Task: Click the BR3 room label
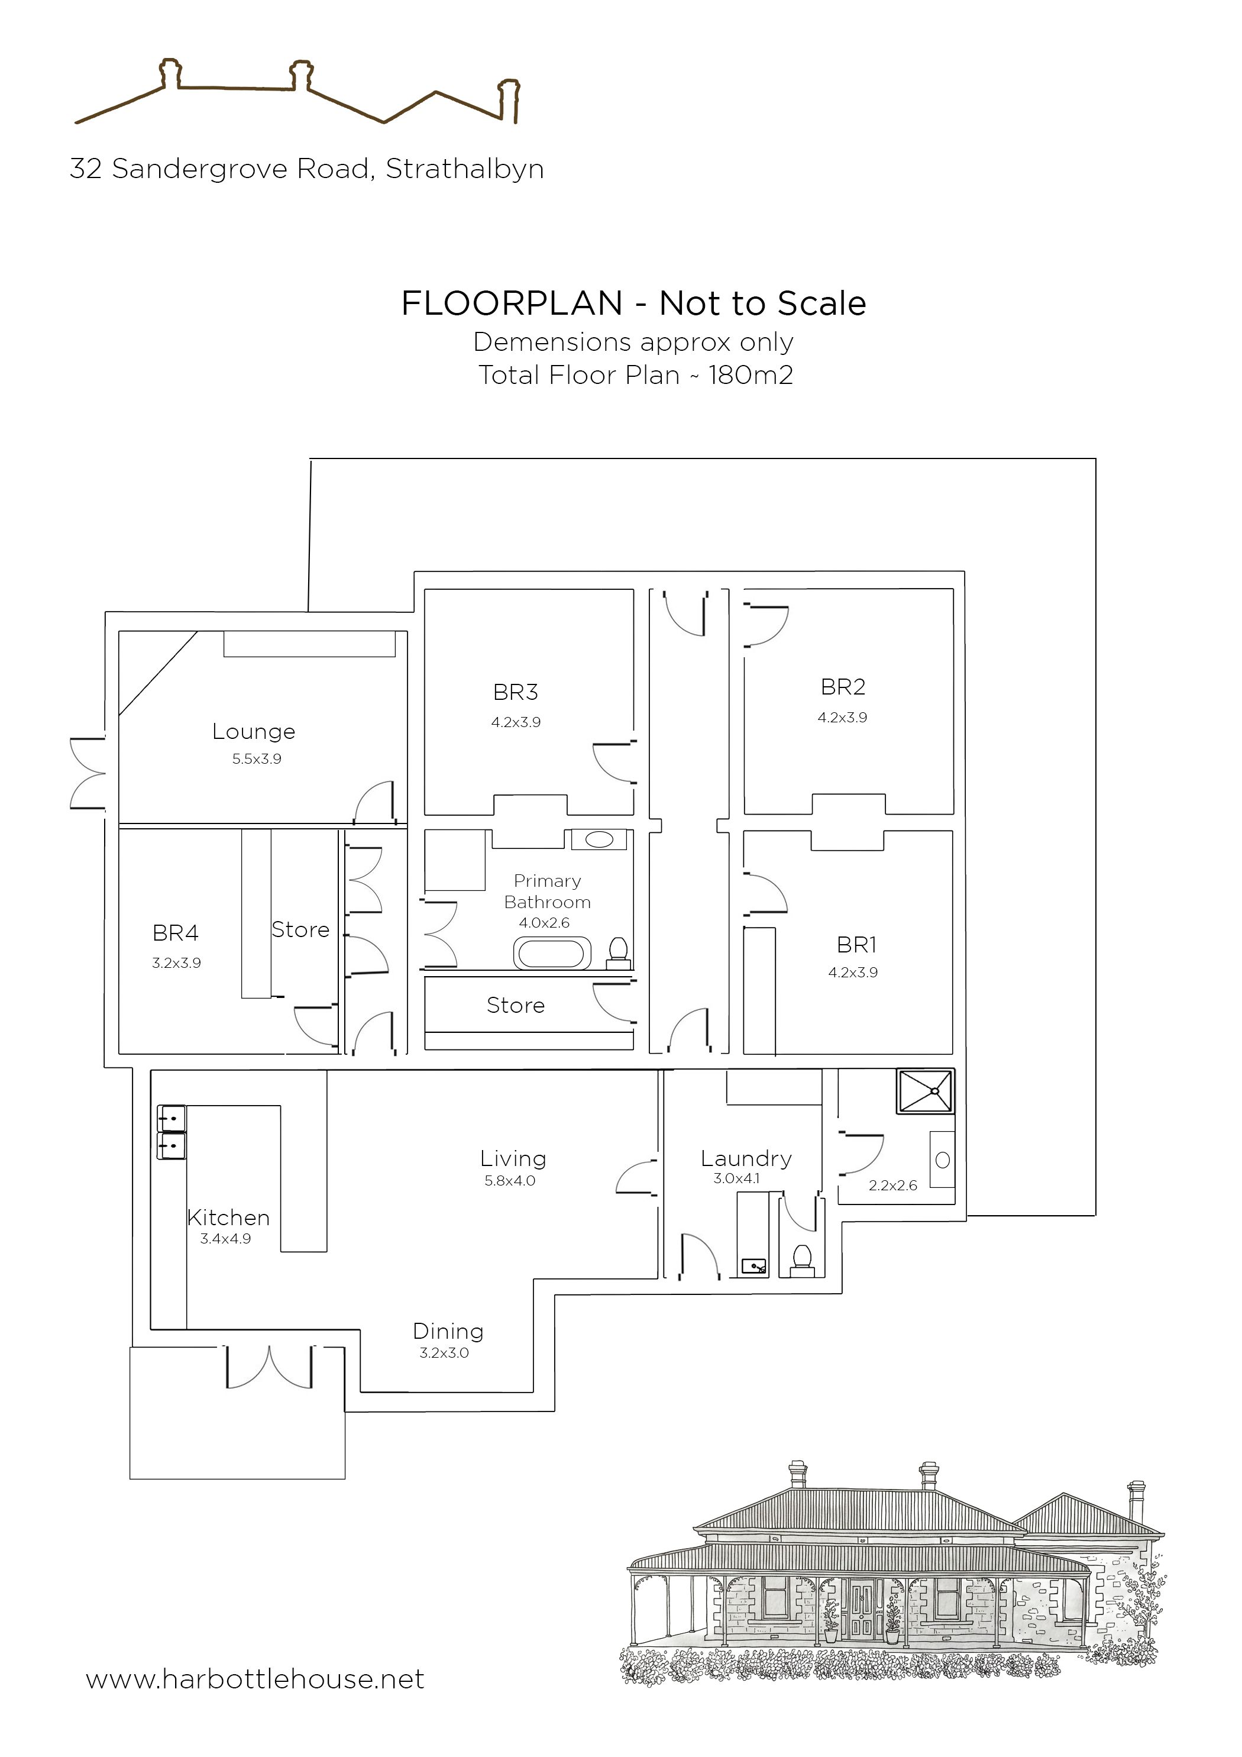coord(515,693)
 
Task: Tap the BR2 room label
coord(843,687)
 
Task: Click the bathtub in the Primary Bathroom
coord(552,954)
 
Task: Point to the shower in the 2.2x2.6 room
coord(926,1091)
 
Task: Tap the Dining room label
coord(448,1332)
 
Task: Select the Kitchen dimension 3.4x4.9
coord(225,1239)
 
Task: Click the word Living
coord(513,1160)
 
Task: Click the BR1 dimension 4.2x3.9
coord(852,973)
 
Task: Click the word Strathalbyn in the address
coord(464,169)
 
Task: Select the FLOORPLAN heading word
coord(512,304)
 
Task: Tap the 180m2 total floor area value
coord(751,375)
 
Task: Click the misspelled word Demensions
coord(552,342)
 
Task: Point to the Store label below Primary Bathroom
coord(515,1006)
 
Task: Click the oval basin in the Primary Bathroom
coord(599,839)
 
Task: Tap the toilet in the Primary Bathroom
coord(618,952)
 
